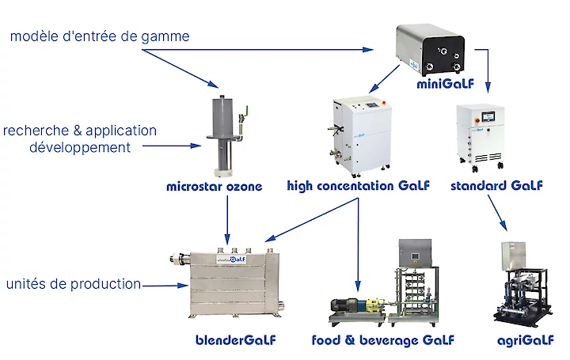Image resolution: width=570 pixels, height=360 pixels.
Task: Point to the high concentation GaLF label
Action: pos(358,187)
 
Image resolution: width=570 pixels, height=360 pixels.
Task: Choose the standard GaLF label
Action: pos(496,187)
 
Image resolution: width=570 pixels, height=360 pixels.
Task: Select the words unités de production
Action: pos(74,284)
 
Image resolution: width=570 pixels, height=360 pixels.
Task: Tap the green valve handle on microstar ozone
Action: pos(245,112)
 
